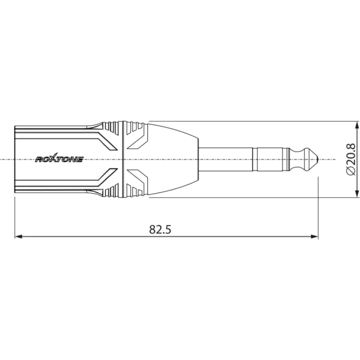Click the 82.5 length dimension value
point(160,229)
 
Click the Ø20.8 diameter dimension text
point(351,160)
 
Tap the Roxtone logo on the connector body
point(59,158)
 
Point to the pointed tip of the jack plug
point(318,159)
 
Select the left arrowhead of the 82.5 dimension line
point(18,237)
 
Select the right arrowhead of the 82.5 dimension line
point(314,237)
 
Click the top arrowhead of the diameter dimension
point(357,125)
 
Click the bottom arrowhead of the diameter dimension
point(357,193)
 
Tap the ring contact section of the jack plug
point(271,160)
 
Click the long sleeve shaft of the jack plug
point(226,160)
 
